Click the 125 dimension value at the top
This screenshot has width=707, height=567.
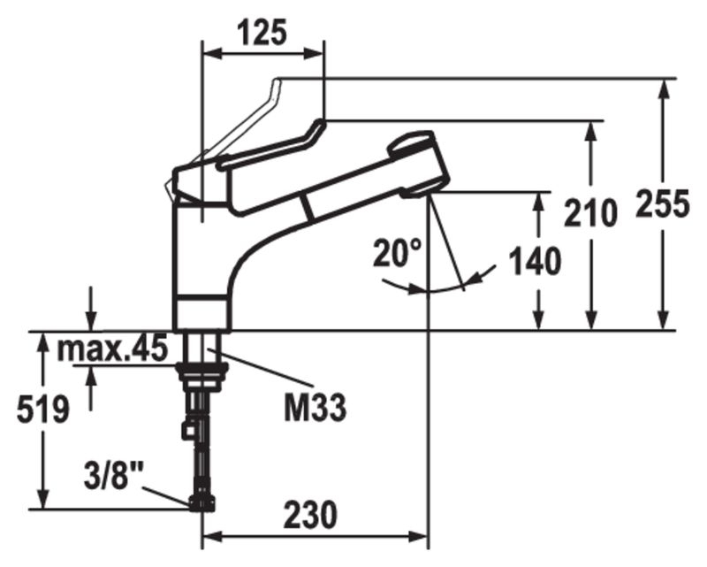(x=262, y=33)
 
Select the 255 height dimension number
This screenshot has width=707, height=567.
(x=662, y=203)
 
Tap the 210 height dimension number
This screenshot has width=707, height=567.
(x=590, y=212)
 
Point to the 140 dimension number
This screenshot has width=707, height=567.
(x=535, y=262)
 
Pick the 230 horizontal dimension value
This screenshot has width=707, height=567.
(x=310, y=514)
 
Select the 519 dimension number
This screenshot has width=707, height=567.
(x=43, y=410)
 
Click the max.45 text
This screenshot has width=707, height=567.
(x=112, y=349)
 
